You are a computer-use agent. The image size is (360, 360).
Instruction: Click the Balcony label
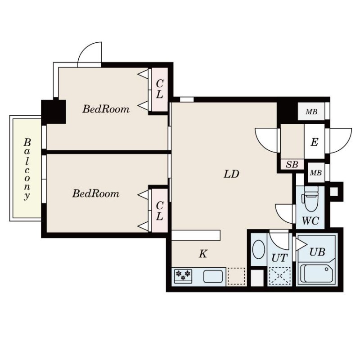pyautogui.click(x=27, y=170)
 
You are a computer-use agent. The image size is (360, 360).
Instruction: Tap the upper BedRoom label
pyautogui.click(x=106, y=109)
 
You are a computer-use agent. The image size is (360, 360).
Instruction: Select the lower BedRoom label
pyautogui.click(x=96, y=193)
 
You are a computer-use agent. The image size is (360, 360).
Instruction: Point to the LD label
pyautogui.click(x=231, y=174)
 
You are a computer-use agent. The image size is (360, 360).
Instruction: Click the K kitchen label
pyautogui.click(x=203, y=254)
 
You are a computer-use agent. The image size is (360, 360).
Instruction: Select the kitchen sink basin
pyautogui.click(x=213, y=276)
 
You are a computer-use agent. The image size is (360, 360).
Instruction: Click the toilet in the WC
pyautogui.click(x=310, y=199)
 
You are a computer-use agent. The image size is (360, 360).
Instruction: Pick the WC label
pyautogui.click(x=310, y=221)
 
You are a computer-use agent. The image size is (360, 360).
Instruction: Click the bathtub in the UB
pyautogui.click(x=316, y=273)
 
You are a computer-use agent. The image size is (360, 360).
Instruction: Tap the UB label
pyautogui.click(x=317, y=252)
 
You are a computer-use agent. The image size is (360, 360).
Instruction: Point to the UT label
pyautogui.click(x=279, y=258)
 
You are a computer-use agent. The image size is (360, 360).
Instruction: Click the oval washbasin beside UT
pyautogui.click(x=258, y=250)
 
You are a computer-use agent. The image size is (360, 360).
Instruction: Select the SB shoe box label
pyautogui.click(x=292, y=164)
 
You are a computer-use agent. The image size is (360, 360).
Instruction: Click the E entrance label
pyautogui.click(x=314, y=142)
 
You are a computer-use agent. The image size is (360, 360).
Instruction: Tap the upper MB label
pyautogui.click(x=311, y=112)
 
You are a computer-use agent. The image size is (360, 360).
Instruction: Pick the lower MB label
pyautogui.click(x=316, y=173)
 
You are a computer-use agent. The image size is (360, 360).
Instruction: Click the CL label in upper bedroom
pyautogui.click(x=159, y=89)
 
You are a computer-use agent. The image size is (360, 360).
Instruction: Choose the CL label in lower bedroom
pyautogui.click(x=159, y=211)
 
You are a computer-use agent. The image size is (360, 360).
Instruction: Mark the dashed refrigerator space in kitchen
pyautogui.click(x=236, y=276)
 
